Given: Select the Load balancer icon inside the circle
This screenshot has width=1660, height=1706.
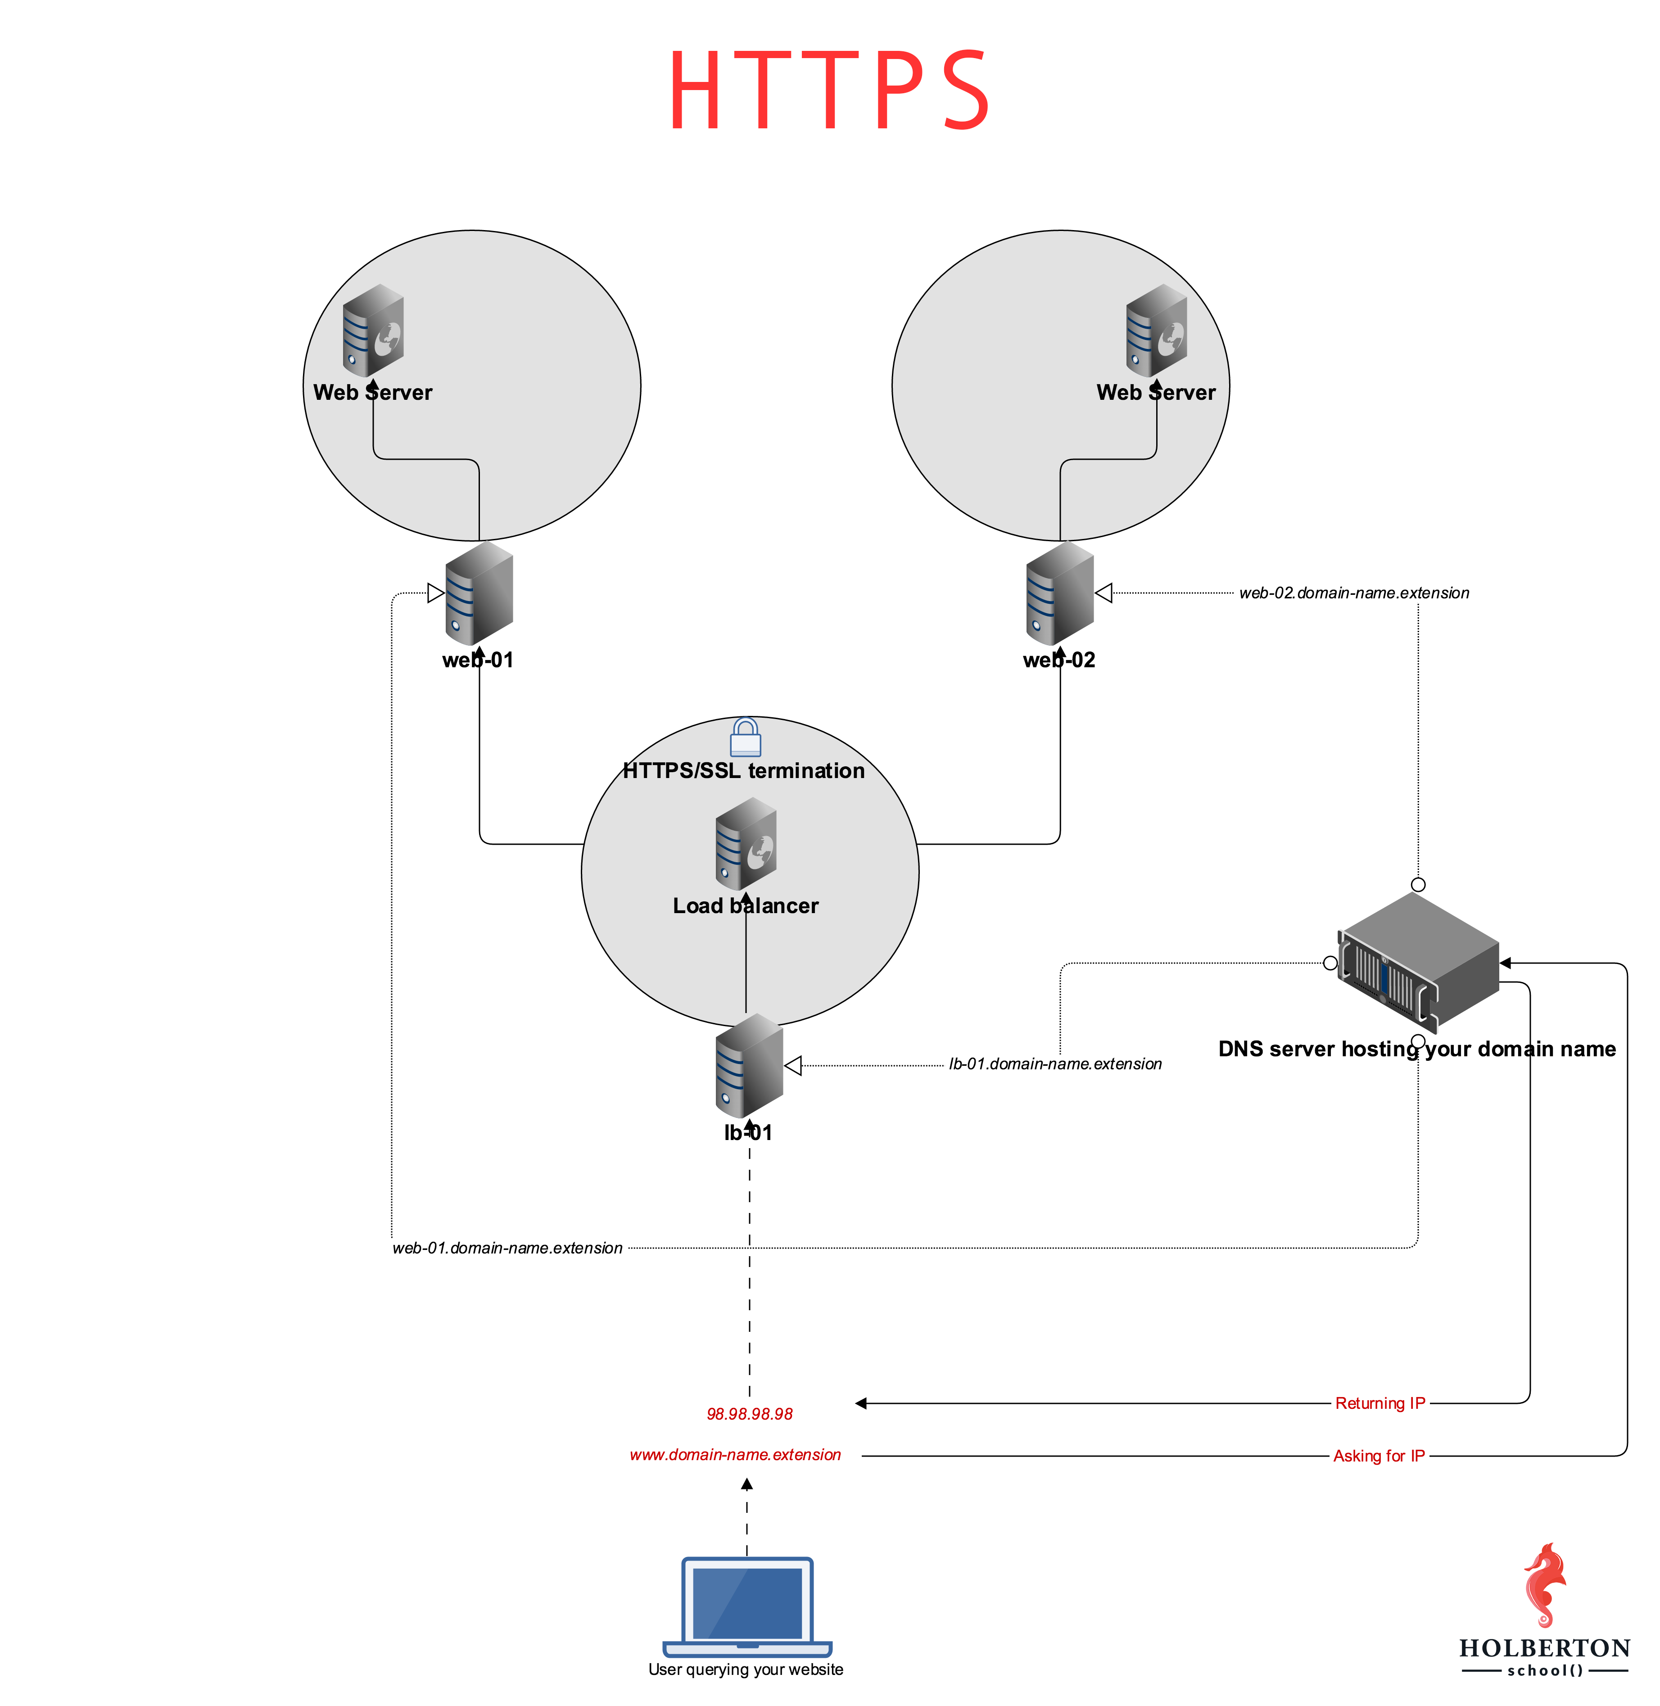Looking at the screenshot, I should click(746, 844).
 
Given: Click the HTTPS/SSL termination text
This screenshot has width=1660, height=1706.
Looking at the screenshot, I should click(744, 771).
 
